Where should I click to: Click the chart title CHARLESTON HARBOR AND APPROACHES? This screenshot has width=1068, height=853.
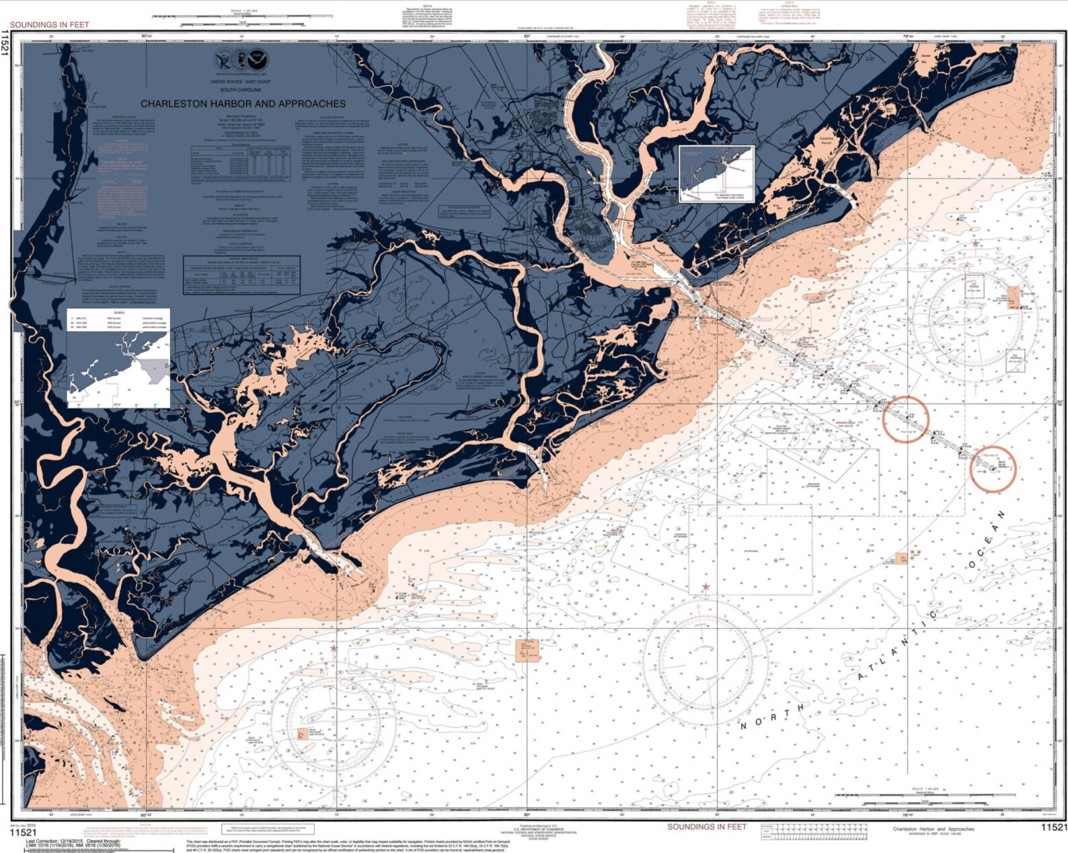click(x=243, y=104)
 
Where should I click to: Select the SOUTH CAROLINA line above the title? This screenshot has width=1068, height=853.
click(x=241, y=89)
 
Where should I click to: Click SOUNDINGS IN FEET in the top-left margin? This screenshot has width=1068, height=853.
click(x=49, y=25)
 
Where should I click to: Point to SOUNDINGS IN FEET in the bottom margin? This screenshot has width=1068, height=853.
click(x=707, y=827)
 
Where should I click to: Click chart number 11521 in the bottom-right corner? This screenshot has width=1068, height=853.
click(x=1053, y=827)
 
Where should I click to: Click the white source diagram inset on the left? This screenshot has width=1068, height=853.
click(x=118, y=358)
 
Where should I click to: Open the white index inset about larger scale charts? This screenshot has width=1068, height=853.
click(x=716, y=174)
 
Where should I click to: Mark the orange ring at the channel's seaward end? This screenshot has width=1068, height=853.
click(x=993, y=469)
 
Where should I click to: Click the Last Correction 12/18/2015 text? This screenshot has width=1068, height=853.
click(x=74, y=842)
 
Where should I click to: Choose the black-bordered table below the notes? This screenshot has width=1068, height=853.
click(x=241, y=274)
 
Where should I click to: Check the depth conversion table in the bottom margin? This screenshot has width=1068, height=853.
click(x=812, y=832)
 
